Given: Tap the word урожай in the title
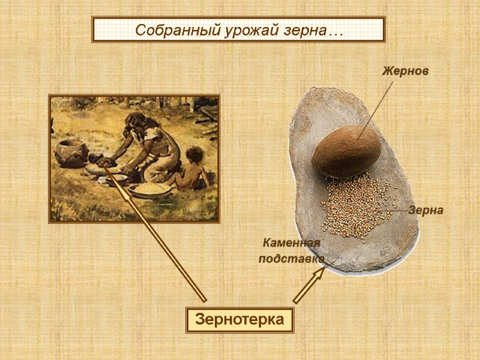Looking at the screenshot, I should pyautogui.click(x=231, y=29).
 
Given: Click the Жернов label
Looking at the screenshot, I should pyautogui.click(x=406, y=71).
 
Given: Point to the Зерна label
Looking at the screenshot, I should pyautogui.click(x=426, y=210).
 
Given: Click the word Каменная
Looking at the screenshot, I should pyautogui.click(x=292, y=242).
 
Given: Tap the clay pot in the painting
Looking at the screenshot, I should pyautogui.click(x=71, y=152).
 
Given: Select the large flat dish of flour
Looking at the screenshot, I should pyautogui.click(x=149, y=190).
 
